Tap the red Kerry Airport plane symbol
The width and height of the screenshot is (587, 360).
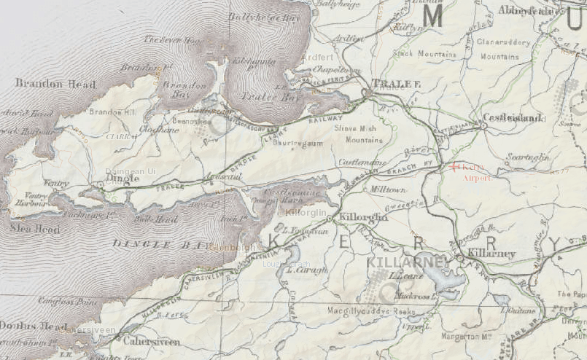pos(454,167)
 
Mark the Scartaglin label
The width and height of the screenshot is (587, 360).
pos(527,157)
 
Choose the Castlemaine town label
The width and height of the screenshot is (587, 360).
pos(361,161)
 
